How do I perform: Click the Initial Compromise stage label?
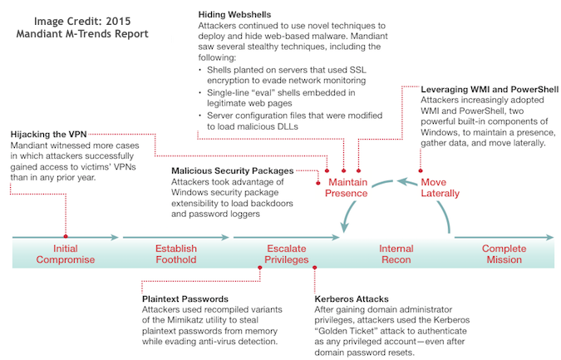(x=65, y=254)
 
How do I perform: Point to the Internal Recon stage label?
(x=396, y=254)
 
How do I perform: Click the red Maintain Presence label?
(x=347, y=188)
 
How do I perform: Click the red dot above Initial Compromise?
(x=65, y=236)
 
